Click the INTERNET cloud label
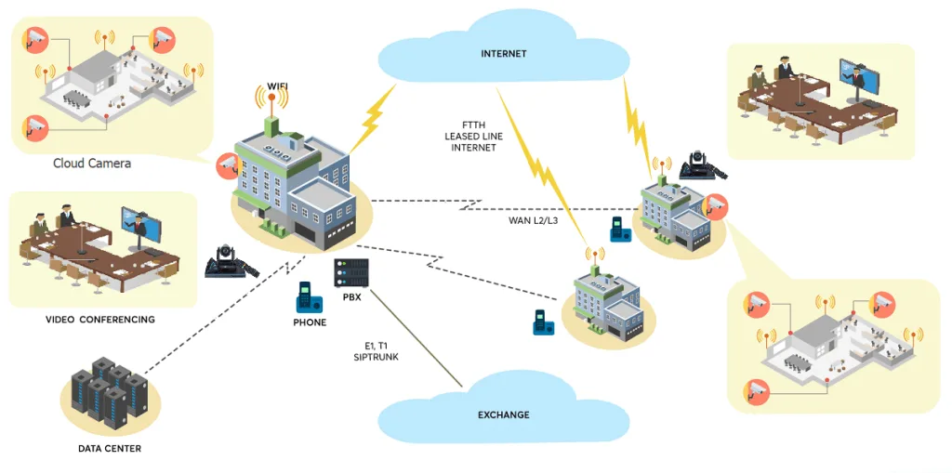(503, 54)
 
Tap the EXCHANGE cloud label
(503, 414)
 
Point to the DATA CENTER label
(110, 449)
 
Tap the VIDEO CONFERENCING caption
(100, 320)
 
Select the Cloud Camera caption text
(92, 164)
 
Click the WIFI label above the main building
(278, 86)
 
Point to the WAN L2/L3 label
(532, 220)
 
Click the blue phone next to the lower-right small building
(539, 322)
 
